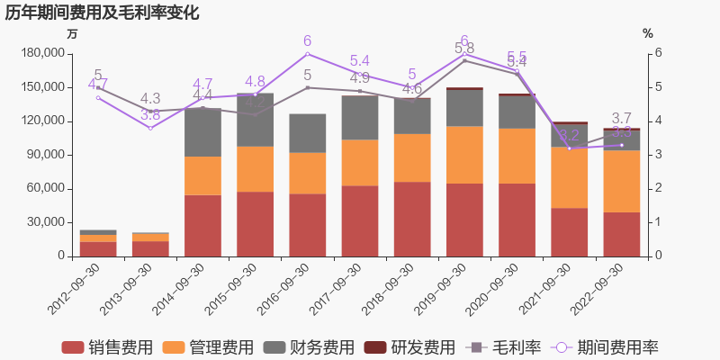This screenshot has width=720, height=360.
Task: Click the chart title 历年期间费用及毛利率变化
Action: click(103, 13)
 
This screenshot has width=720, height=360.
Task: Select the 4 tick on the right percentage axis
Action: click(659, 121)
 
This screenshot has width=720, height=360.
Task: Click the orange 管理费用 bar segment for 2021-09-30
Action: click(569, 177)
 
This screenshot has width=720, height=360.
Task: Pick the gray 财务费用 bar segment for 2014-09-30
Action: click(202, 132)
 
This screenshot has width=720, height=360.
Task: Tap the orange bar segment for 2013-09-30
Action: click(150, 237)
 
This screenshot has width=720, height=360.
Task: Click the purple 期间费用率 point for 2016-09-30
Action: click(308, 53)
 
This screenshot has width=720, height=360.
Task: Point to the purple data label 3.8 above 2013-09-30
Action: click(150, 115)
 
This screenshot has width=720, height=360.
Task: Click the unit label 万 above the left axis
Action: click(72, 33)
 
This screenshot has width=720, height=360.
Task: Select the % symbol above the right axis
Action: click(647, 33)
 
